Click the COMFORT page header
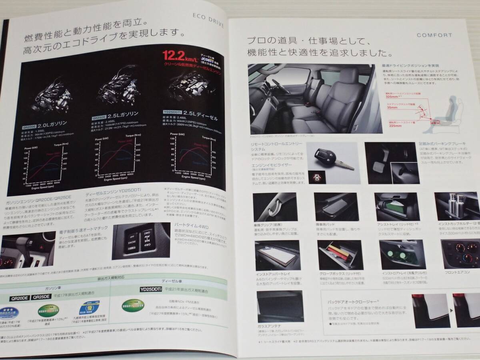tap(434, 35)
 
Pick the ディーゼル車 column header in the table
tap(168, 281)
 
